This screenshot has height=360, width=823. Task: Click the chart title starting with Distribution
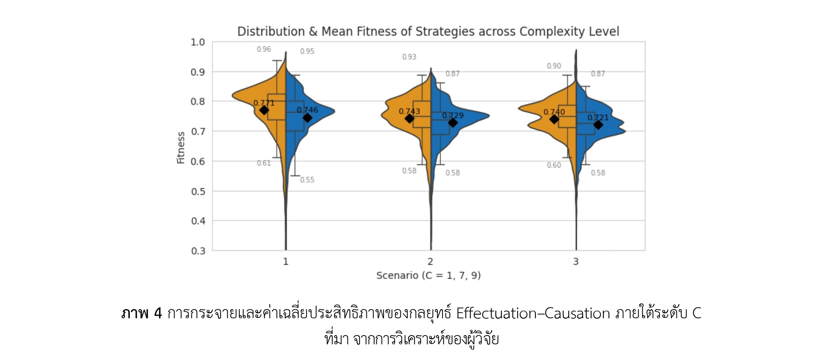pos(428,31)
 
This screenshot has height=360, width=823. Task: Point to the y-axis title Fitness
pos(181,148)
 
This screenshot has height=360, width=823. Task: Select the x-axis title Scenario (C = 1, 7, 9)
pos(428,275)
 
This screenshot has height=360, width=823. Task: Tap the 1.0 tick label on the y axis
pos(198,42)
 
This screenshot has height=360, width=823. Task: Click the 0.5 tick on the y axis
pos(198,191)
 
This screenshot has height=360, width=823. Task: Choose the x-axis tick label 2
pos(430,262)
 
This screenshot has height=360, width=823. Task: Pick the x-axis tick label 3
pos(575,262)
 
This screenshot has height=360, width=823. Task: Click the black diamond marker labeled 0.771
pos(264,110)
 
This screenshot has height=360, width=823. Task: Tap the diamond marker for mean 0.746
pos(307,118)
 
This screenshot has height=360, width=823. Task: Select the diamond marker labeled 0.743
pos(409,119)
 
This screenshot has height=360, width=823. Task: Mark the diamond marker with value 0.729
pos(452,123)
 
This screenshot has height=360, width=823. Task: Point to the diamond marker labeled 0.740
pos(554,119)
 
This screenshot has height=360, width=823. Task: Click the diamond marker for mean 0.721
pos(598,125)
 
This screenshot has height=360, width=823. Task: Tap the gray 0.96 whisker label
pos(264,49)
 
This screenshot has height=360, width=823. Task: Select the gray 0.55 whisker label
pos(307,180)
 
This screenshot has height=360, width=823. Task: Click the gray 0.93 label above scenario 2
pos(409,57)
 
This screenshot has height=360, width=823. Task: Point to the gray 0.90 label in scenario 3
pos(554,66)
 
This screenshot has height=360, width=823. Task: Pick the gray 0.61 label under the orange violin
pos(264,163)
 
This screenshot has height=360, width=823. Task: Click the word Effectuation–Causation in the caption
pos(533,314)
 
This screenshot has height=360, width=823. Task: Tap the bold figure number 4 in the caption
pos(158,314)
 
